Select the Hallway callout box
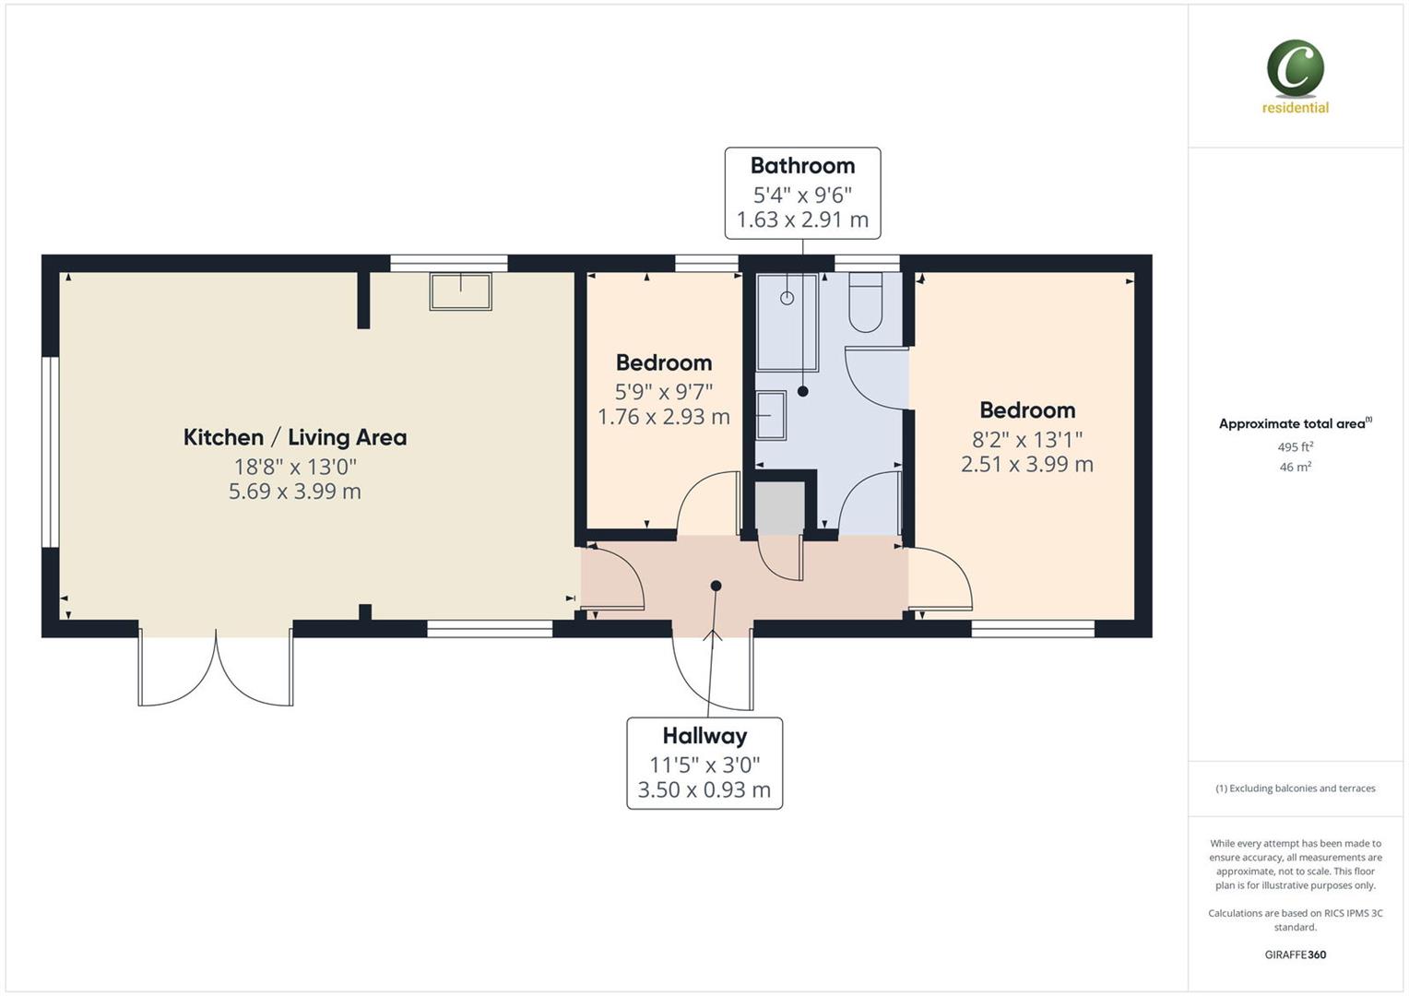click(704, 763)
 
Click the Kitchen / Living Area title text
click(294, 437)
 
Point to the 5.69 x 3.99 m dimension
click(294, 492)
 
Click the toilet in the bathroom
click(865, 305)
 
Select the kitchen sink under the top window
click(460, 291)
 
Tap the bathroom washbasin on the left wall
click(770, 415)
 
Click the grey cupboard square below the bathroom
click(781, 506)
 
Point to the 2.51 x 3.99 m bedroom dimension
click(1026, 464)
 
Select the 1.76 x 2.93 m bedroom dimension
click(663, 417)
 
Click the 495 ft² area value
click(1295, 447)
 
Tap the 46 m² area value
click(1295, 468)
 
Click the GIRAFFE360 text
click(1295, 954)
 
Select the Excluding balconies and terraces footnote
click(1295, 788)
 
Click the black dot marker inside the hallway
click(716, 586)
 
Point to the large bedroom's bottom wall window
click(1033, 629)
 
